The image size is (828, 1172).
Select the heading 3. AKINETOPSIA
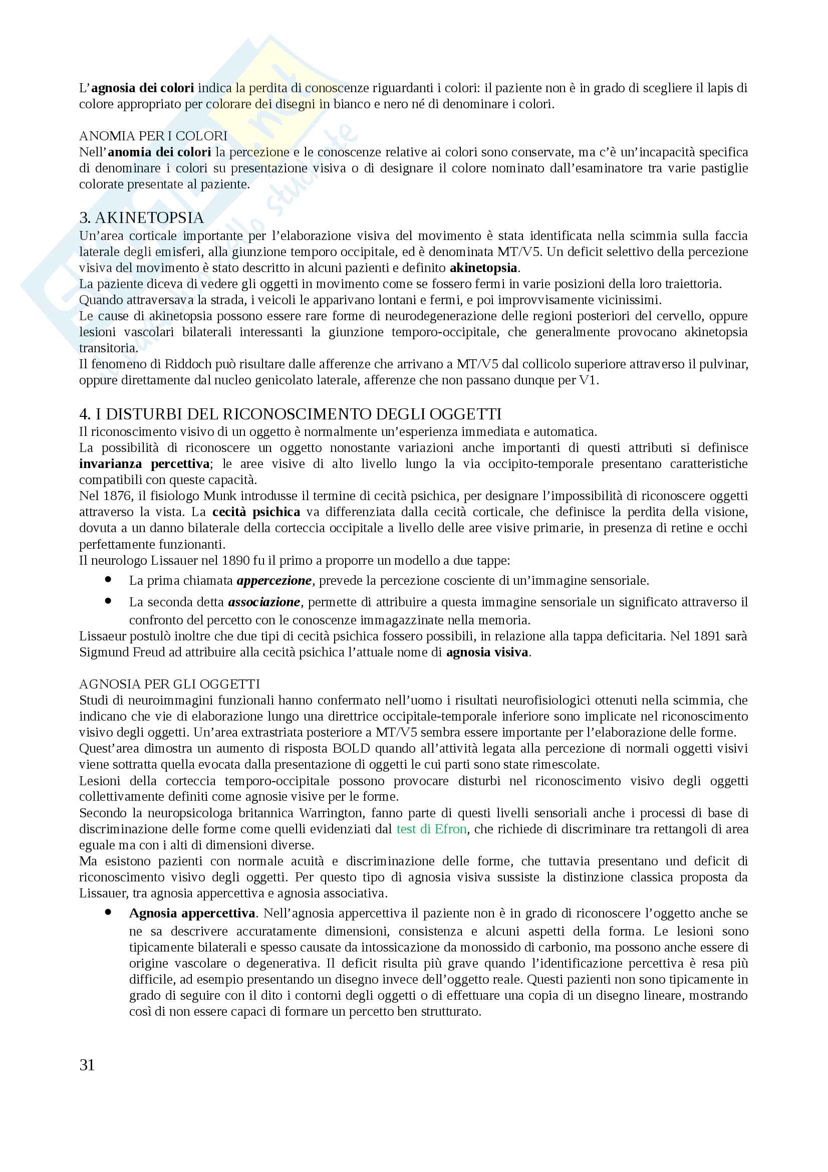pyautogui.click(x=141, y=218)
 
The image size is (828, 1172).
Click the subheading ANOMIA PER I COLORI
pyautogui.click(x=153, y=136)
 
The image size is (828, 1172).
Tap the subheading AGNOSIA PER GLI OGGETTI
pyautogui.click(x=169, y=684)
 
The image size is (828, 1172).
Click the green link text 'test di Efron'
pyautogui.click(x=432, y=829)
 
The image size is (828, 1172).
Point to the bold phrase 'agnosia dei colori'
pyautogui.click(x=143, y=88)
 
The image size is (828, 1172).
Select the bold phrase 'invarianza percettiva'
pyautogui.click(x=144, y=464)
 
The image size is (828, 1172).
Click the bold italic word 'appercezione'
pyautogui.click(x=274, y=581)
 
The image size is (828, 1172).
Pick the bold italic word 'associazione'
pyautogui.click(x=264, y=602)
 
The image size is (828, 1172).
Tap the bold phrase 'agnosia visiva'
pyautogui.click(x=487, y=652)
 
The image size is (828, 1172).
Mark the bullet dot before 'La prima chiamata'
pyautogui.click(x=108, y=579)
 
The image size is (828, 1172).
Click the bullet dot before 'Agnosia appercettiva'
pyautogui.click(x=108, y=912)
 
